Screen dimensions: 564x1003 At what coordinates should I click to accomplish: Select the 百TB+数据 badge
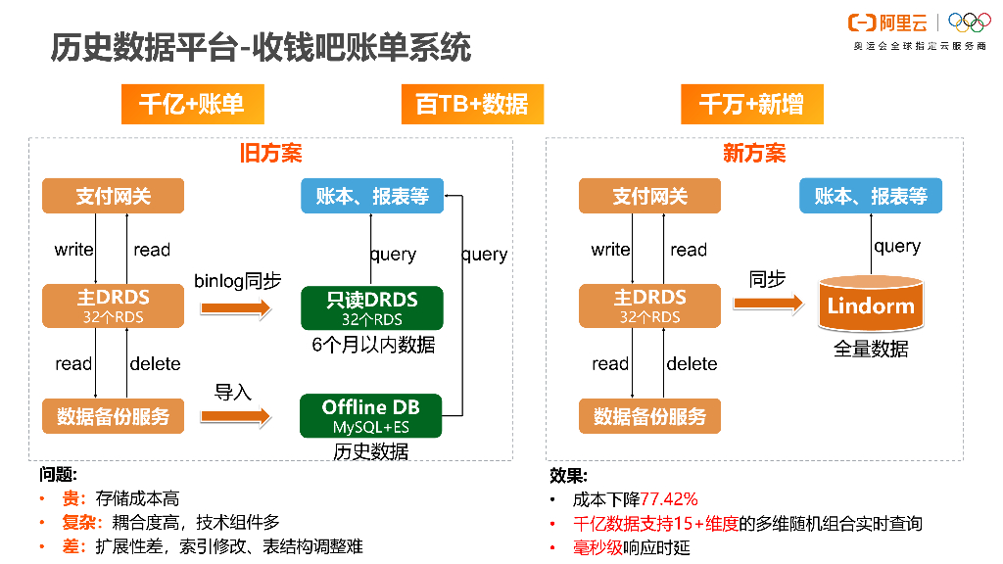click(x=471, y=104)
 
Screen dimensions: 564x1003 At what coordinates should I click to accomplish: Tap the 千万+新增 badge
click(x=751, y=104)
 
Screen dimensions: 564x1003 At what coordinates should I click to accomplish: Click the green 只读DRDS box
click(x=372, y=306)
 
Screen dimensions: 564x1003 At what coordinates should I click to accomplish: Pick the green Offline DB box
click(x=371, y=416)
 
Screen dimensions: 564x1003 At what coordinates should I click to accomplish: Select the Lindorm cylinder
click(x=870, y=305)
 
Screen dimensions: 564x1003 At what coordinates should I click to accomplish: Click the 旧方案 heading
click(x=270, y=154)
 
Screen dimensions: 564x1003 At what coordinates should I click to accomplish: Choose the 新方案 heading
click(x=754, y=154)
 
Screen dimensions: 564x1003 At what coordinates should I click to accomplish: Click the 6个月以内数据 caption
click(x=373, y=345)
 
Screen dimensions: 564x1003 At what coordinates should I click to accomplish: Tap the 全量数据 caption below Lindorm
click(x=870, y=350)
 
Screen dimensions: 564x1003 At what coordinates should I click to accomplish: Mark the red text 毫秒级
click(x=597, y=547)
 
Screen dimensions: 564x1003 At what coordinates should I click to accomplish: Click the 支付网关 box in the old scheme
click(x=114, y=196)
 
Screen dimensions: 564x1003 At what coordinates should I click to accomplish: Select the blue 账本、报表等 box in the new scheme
click(x=871, y=196)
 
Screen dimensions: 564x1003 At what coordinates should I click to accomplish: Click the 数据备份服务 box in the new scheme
click(x=649, y=416)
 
